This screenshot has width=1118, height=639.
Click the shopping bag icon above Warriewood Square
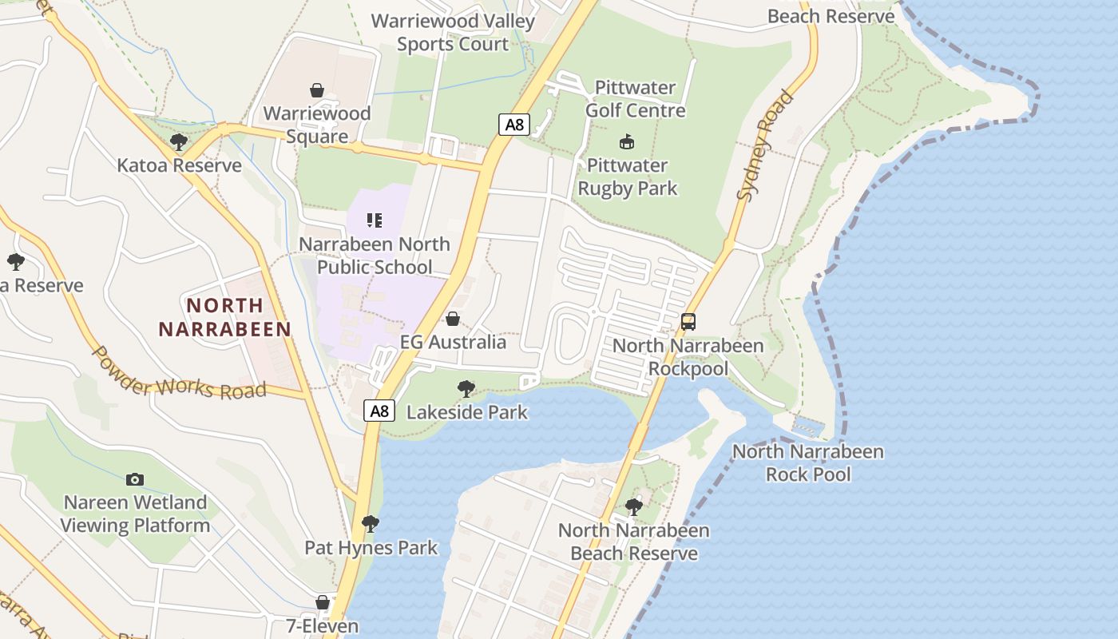point(317,90)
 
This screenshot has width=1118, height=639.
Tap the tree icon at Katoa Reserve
point(179,142)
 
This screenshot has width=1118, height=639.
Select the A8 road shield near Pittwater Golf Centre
point(515,125)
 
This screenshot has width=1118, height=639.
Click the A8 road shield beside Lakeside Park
point(379,411)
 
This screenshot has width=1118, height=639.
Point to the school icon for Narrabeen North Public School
point(374,220)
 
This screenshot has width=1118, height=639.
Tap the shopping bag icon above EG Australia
point(453,319)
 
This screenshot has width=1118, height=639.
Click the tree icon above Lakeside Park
point(466,389)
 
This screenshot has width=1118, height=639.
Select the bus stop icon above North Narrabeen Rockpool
point(688,322)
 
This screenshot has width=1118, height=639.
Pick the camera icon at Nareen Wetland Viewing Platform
point(135,479)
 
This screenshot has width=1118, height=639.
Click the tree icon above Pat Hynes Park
point(370,524)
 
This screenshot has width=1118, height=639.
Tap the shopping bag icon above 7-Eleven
point(323,602)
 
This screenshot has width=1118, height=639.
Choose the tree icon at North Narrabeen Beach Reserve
point(633,506)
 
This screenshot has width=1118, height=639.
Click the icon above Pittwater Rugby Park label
point(627,142)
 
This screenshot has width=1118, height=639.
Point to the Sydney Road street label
point(766,145)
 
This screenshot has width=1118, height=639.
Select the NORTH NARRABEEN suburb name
point(224,317)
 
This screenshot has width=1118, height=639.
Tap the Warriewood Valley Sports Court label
point(453,33)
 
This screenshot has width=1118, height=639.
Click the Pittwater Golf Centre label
point(635,99)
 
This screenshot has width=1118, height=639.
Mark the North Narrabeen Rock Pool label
point(808,462)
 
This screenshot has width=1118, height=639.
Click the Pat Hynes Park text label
point(371,548)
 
